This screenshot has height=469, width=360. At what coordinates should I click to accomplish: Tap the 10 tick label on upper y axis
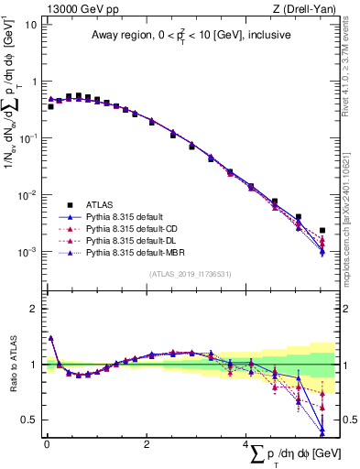click(x=31, y=25)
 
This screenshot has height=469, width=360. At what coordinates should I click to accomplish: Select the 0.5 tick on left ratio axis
click(x=28, y=420)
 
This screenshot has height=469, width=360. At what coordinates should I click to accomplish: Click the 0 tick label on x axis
click(x=47, y=444)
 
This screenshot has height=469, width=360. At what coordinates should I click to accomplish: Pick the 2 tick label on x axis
click(x=147, y=444)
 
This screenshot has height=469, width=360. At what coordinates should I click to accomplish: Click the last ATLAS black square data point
click(x=322, y=231)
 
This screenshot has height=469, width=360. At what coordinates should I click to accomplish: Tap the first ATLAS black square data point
click(x=50, y=106)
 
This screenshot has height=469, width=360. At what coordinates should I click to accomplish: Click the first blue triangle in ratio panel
click(x=50, y=338)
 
